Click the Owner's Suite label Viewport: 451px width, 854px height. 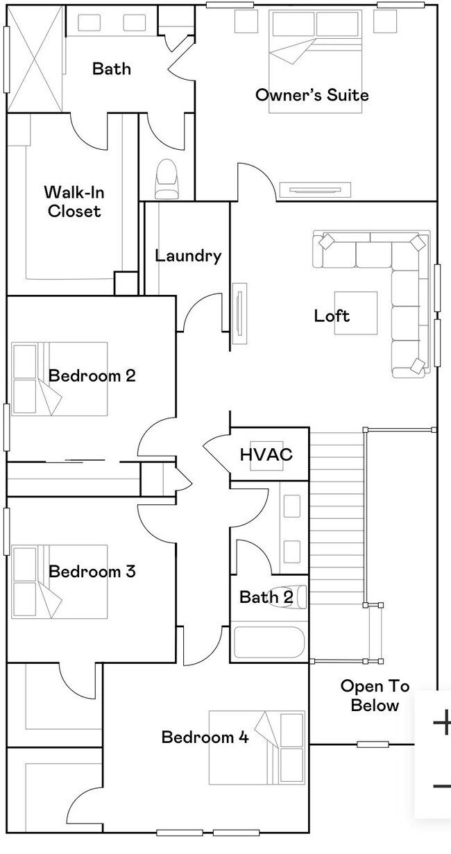pos(312,94)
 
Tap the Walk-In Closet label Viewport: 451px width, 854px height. pos(74,202)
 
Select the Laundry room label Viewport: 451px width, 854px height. pos(188,256)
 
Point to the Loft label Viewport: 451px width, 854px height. pos(332,316)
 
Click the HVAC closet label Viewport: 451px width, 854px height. pos(266,454)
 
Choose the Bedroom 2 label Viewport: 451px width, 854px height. pos(92,375)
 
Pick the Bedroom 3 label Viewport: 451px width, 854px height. pos(92,571)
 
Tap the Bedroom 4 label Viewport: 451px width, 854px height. pos(205,737)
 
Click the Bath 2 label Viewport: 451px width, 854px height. pos(266,597)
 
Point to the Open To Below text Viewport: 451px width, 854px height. pos(375,696)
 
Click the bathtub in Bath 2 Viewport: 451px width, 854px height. pos(269,642)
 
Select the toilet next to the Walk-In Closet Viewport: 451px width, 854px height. pos(167,178)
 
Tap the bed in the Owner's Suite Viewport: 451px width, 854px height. pos(315,61)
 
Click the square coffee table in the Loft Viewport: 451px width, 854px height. pos(356,313)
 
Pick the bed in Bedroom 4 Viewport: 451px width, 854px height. pos(257,748)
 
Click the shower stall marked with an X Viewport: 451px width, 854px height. pos(35,59)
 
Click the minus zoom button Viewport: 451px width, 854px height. pos(442,786)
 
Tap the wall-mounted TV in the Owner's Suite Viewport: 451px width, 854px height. pos(315,190)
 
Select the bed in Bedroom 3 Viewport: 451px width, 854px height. pos(60,581)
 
